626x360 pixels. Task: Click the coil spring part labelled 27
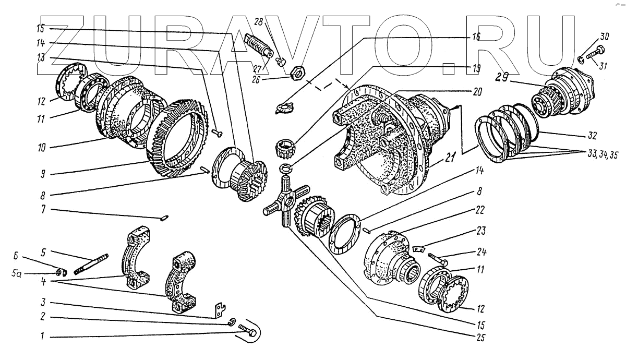[257, 45]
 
